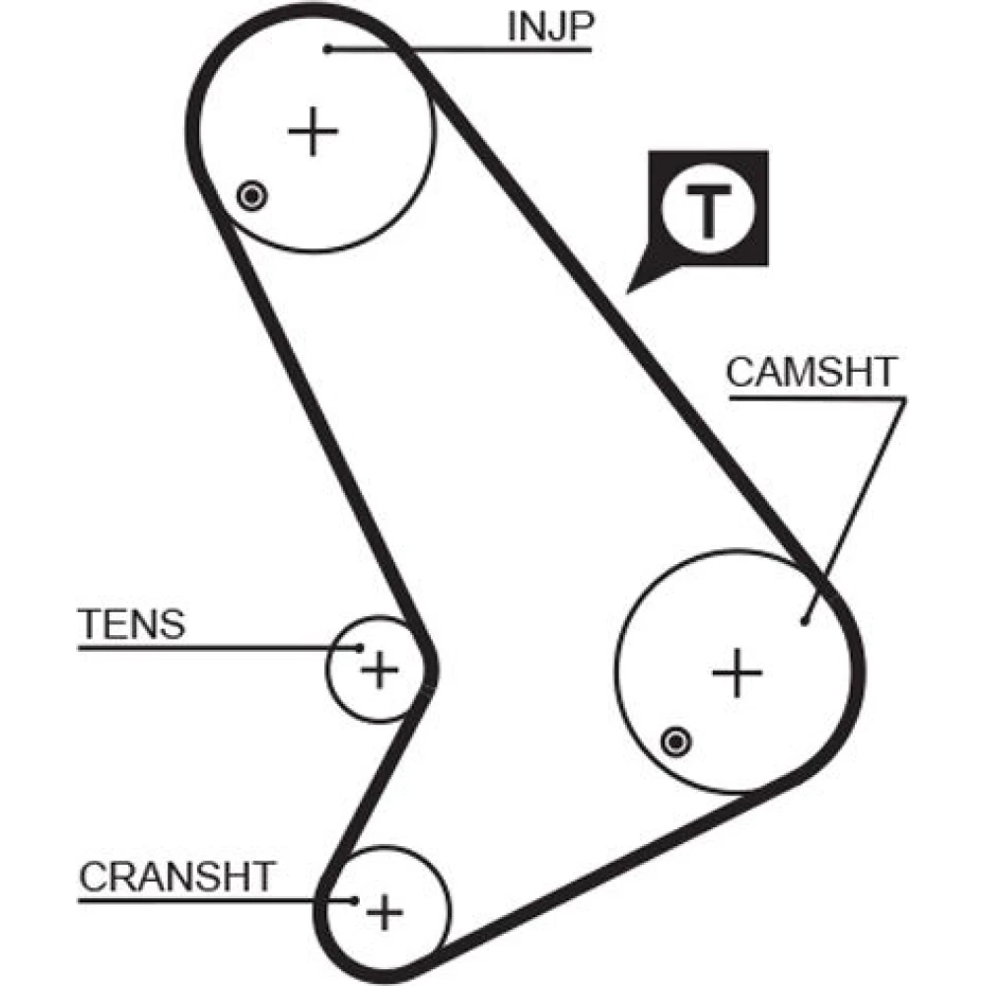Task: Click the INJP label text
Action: tap(548, 27)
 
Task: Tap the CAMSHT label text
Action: tap(812, 373)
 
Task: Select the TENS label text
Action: tap(130, 624)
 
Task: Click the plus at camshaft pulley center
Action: tap(738, 673)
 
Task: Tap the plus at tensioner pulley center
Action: tap(379, 672)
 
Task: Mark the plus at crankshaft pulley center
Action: tap(385, 912)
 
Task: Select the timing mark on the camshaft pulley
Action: tap(676, 740)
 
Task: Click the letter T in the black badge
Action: tap(707, 210)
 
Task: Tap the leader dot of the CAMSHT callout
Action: tap(806, 620)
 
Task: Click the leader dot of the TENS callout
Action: tap(360, 648)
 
